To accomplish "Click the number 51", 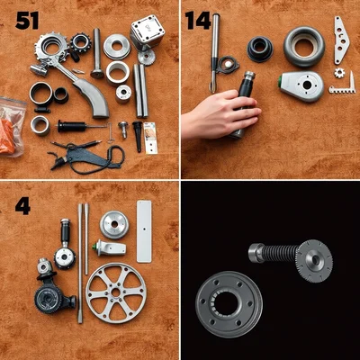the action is point(27,22).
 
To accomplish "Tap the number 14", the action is point(198,21).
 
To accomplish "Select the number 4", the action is point(22,206).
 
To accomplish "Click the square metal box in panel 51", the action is point(147,31).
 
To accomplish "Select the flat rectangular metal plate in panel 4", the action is point(144,231).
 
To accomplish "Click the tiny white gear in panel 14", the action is point(339,73).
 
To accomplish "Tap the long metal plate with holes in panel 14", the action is point(341,40).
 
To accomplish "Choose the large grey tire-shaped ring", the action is point(304,47).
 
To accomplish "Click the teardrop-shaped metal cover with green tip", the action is point(301,85).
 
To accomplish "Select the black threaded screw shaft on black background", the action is point(277,252).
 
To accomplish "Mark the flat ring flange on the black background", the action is point(229,304).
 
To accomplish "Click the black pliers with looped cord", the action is point(87,156).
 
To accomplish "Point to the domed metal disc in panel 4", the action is point(114,225).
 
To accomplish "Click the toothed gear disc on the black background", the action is point(314,261).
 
